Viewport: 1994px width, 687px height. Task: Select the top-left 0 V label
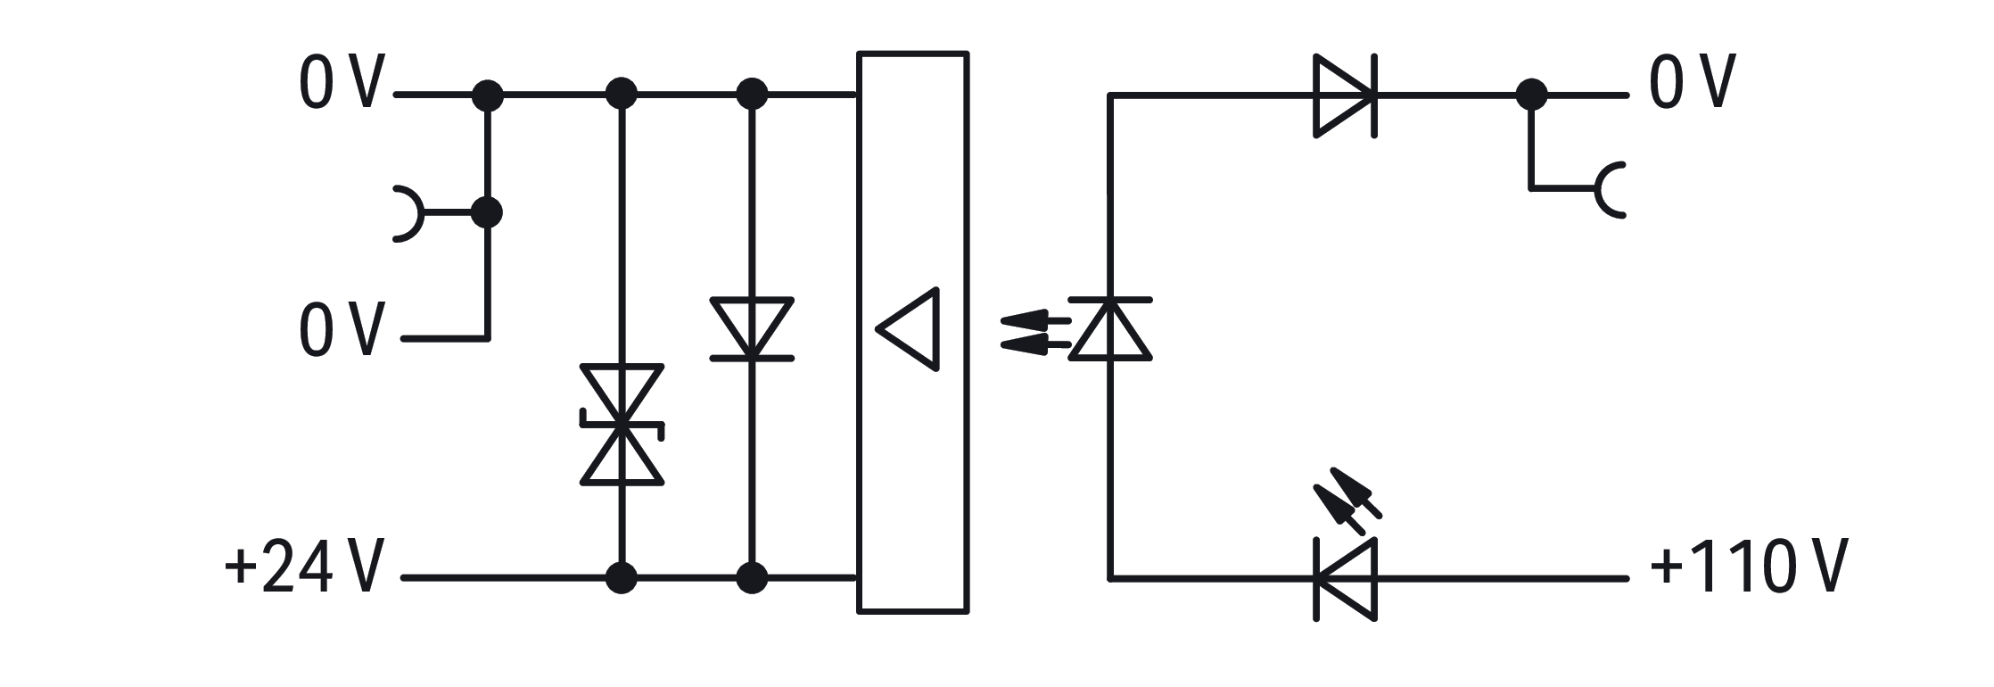(x=342, y=81)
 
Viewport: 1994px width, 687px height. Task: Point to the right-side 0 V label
(x=1692, y=81)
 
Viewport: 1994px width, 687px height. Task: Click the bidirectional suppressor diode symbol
(x=622, y=425)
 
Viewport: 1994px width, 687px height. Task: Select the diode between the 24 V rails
(x=752, y=328)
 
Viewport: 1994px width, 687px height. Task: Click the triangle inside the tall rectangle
(x=909, y=328)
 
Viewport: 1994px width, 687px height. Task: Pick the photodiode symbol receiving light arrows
(x=1110, y=328)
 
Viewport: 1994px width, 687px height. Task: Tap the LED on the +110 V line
(x=1346, y=579)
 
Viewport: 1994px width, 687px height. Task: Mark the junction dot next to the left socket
(x=487, y=213)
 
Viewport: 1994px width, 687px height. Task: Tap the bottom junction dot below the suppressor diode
(x=622, y=578)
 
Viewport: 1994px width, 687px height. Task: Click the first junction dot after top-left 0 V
(x=487, y=95)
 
